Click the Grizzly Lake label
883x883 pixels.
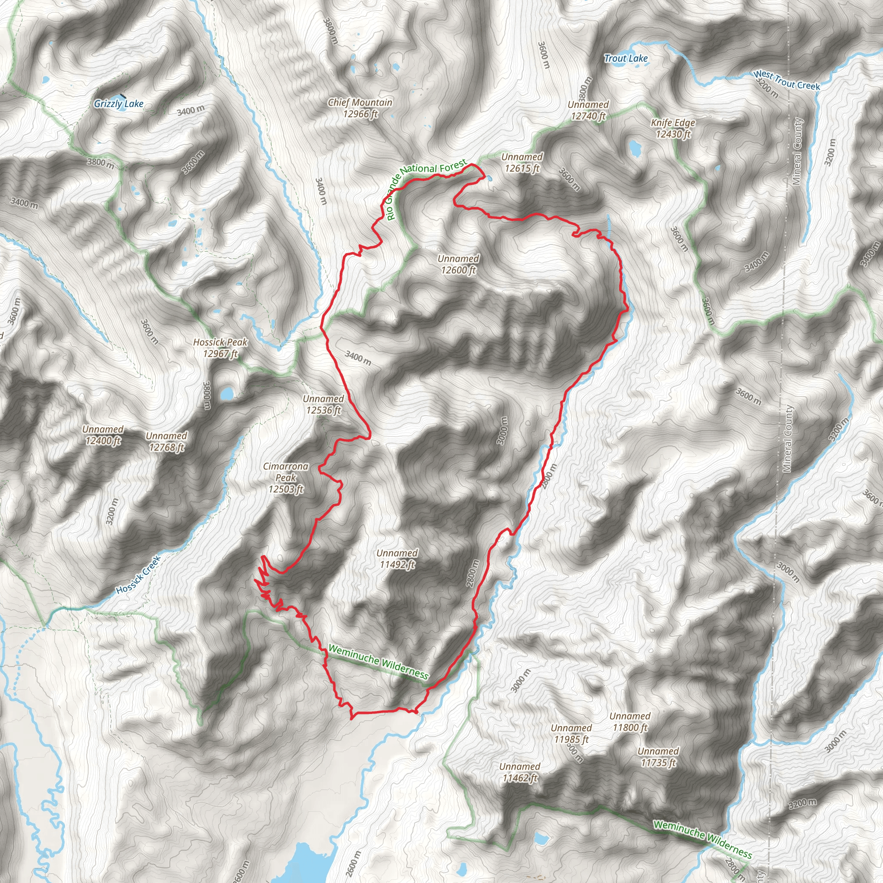[119, 104]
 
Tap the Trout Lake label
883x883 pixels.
[626, 59]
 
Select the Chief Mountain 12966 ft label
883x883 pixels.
[360, 108]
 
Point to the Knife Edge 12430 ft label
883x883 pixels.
[673, 128]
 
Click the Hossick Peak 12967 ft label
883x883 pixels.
[220, 348]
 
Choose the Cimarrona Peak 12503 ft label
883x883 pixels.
[286, 478]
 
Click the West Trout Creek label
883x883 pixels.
[786, 81]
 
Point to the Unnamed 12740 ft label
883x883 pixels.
[588, 110]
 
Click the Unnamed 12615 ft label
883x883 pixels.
[522, 163]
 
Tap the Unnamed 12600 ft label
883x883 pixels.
[458, 264]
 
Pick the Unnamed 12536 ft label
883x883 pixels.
[323, 404]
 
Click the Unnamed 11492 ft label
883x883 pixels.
[397, 559]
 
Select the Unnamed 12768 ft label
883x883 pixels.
[166, 441]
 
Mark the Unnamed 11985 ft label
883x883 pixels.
[571, 733]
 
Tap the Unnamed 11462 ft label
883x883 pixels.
[520, 772]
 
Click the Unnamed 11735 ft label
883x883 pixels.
[658, 757]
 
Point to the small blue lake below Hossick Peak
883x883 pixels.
[226, 393]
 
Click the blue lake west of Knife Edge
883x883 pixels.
[635, 147]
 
